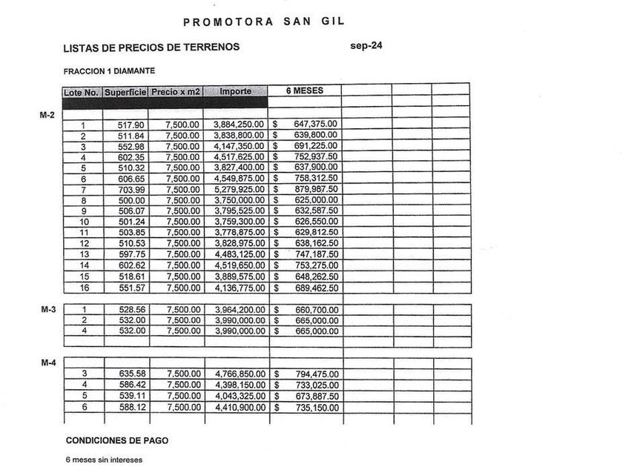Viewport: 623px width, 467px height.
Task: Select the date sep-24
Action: click(366, 46)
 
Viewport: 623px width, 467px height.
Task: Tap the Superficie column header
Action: click(125, 92)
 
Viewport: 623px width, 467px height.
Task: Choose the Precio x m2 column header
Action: click(176, 92)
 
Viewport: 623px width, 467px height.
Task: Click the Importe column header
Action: click(235, 92)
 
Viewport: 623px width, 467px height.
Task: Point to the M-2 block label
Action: click(47, 116)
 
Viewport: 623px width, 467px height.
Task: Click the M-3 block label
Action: click(47, 310)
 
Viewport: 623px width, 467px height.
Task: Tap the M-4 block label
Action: click(47, 363)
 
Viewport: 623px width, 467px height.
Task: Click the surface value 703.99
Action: click(131, 190)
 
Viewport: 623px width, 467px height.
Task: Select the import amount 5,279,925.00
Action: click(239, 190)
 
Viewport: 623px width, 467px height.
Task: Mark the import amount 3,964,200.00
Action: click(239, 310)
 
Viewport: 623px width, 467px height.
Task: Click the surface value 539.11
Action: click(131, 397)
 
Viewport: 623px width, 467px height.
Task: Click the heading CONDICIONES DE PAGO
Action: click(116, 440)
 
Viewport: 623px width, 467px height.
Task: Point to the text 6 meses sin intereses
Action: click(104, 460)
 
